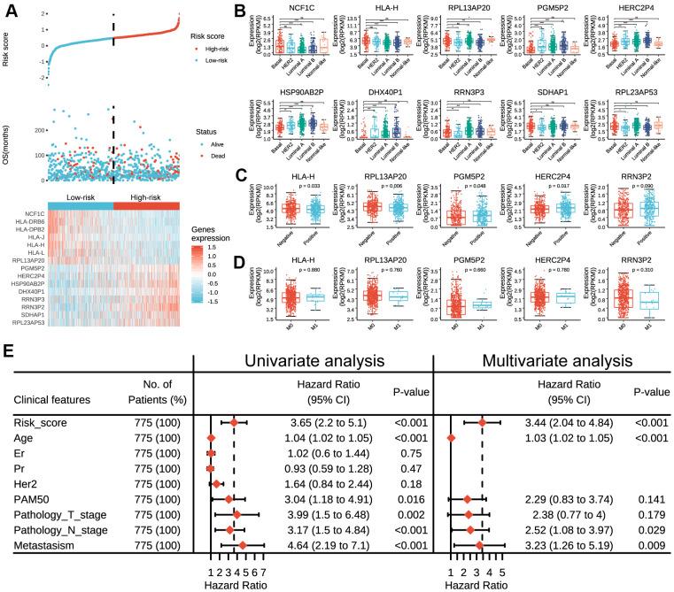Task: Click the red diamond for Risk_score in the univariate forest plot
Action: [234, 423]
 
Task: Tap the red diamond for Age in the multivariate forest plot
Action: [451, 438]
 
